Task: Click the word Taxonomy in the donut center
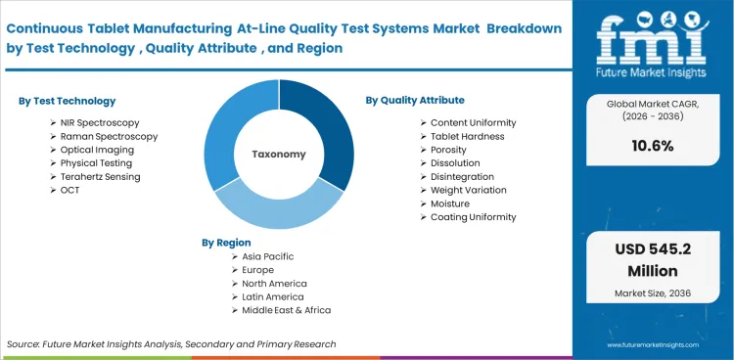point(279,154)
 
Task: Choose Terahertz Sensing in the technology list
point(102,177)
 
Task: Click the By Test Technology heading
point(67,101)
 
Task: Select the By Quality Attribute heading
point(415,100)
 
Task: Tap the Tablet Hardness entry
point(468,136)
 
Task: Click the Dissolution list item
point(455,163)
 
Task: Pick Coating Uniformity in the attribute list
point(474,217)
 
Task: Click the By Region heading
point(226,242)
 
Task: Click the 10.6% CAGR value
point(654,146)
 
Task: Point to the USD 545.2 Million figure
point(654,258)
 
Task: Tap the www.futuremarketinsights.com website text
point(654,344)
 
